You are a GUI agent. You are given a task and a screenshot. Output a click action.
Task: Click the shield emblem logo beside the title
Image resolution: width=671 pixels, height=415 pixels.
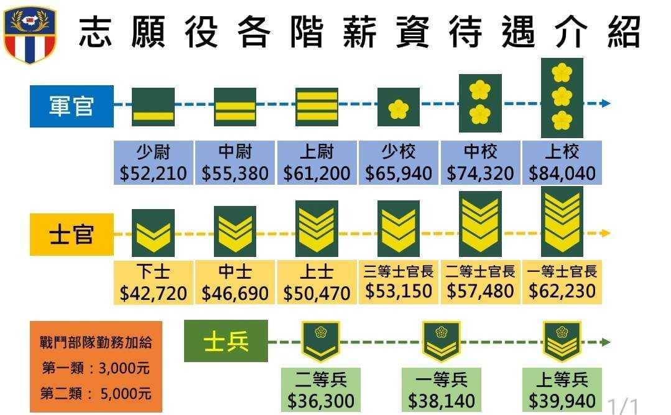29,34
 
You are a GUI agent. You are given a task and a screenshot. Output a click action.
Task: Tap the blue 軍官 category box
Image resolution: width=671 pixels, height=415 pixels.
72,106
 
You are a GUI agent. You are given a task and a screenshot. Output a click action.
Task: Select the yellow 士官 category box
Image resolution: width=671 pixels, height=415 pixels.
72,235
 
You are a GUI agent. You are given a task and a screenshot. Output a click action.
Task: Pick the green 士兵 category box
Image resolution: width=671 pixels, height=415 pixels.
226,342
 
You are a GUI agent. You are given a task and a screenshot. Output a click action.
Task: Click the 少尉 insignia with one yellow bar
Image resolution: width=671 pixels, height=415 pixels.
153,107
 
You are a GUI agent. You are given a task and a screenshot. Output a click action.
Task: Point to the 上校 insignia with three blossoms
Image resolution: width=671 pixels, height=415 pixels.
562,98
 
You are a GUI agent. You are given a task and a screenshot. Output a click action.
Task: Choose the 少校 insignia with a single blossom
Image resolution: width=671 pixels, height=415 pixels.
399,107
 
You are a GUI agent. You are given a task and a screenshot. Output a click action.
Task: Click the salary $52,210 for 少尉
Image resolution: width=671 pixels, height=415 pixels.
153,174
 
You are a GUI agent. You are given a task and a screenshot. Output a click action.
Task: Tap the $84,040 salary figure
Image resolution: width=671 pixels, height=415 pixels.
562,174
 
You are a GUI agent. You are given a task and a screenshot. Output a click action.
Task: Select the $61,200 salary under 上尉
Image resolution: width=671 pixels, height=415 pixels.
317,174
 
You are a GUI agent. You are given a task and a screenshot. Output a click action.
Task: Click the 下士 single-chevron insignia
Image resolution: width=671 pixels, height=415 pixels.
153,233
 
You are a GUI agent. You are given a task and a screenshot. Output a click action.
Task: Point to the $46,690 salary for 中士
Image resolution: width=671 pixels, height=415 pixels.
235,294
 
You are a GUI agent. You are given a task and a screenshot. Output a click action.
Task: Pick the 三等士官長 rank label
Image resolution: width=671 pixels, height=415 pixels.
399,271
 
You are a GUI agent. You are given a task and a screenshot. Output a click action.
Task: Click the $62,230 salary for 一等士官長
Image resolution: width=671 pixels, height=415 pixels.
562,291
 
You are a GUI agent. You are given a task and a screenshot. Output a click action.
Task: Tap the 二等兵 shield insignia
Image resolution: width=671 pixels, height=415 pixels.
320,342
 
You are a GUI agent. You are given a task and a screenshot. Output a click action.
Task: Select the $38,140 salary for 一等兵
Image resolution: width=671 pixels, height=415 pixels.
441,401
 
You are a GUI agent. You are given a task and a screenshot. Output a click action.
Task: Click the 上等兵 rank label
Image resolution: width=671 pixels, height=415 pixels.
562,379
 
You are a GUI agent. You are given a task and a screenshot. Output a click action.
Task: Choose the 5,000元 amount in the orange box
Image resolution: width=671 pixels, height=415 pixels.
126,394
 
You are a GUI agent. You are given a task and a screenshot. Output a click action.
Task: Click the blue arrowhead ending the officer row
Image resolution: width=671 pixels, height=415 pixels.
606,103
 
